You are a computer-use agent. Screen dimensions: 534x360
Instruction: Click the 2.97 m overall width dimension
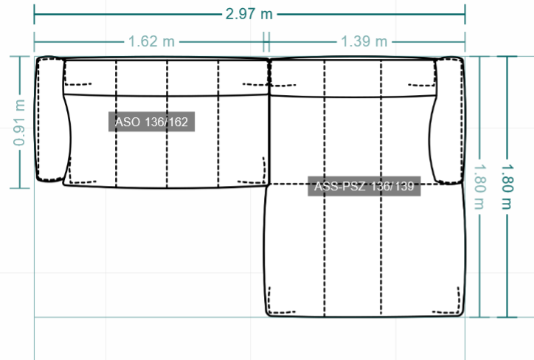249,14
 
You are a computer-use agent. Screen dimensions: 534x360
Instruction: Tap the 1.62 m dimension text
151,41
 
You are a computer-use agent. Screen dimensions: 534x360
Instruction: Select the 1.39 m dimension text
364,41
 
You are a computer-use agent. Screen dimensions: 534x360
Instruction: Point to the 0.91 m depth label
19,122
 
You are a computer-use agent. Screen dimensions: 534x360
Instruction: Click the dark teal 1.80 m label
507,187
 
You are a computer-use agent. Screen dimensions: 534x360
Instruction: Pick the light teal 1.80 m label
479,187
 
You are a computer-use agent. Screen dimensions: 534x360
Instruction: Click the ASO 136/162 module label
151,122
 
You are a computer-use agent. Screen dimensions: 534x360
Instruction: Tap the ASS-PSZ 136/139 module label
364,187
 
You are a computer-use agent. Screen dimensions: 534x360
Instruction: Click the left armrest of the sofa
51,120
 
